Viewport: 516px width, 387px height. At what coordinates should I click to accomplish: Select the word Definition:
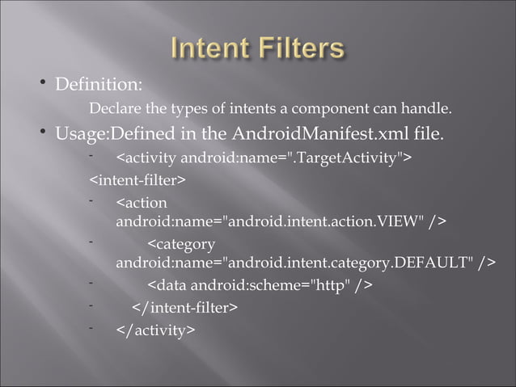pos(99,83)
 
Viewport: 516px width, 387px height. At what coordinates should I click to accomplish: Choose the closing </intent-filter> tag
pos(184,308)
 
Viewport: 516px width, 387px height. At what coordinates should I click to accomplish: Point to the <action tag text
pos(142,202)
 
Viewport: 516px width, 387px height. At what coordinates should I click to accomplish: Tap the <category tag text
pos(181,244)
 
